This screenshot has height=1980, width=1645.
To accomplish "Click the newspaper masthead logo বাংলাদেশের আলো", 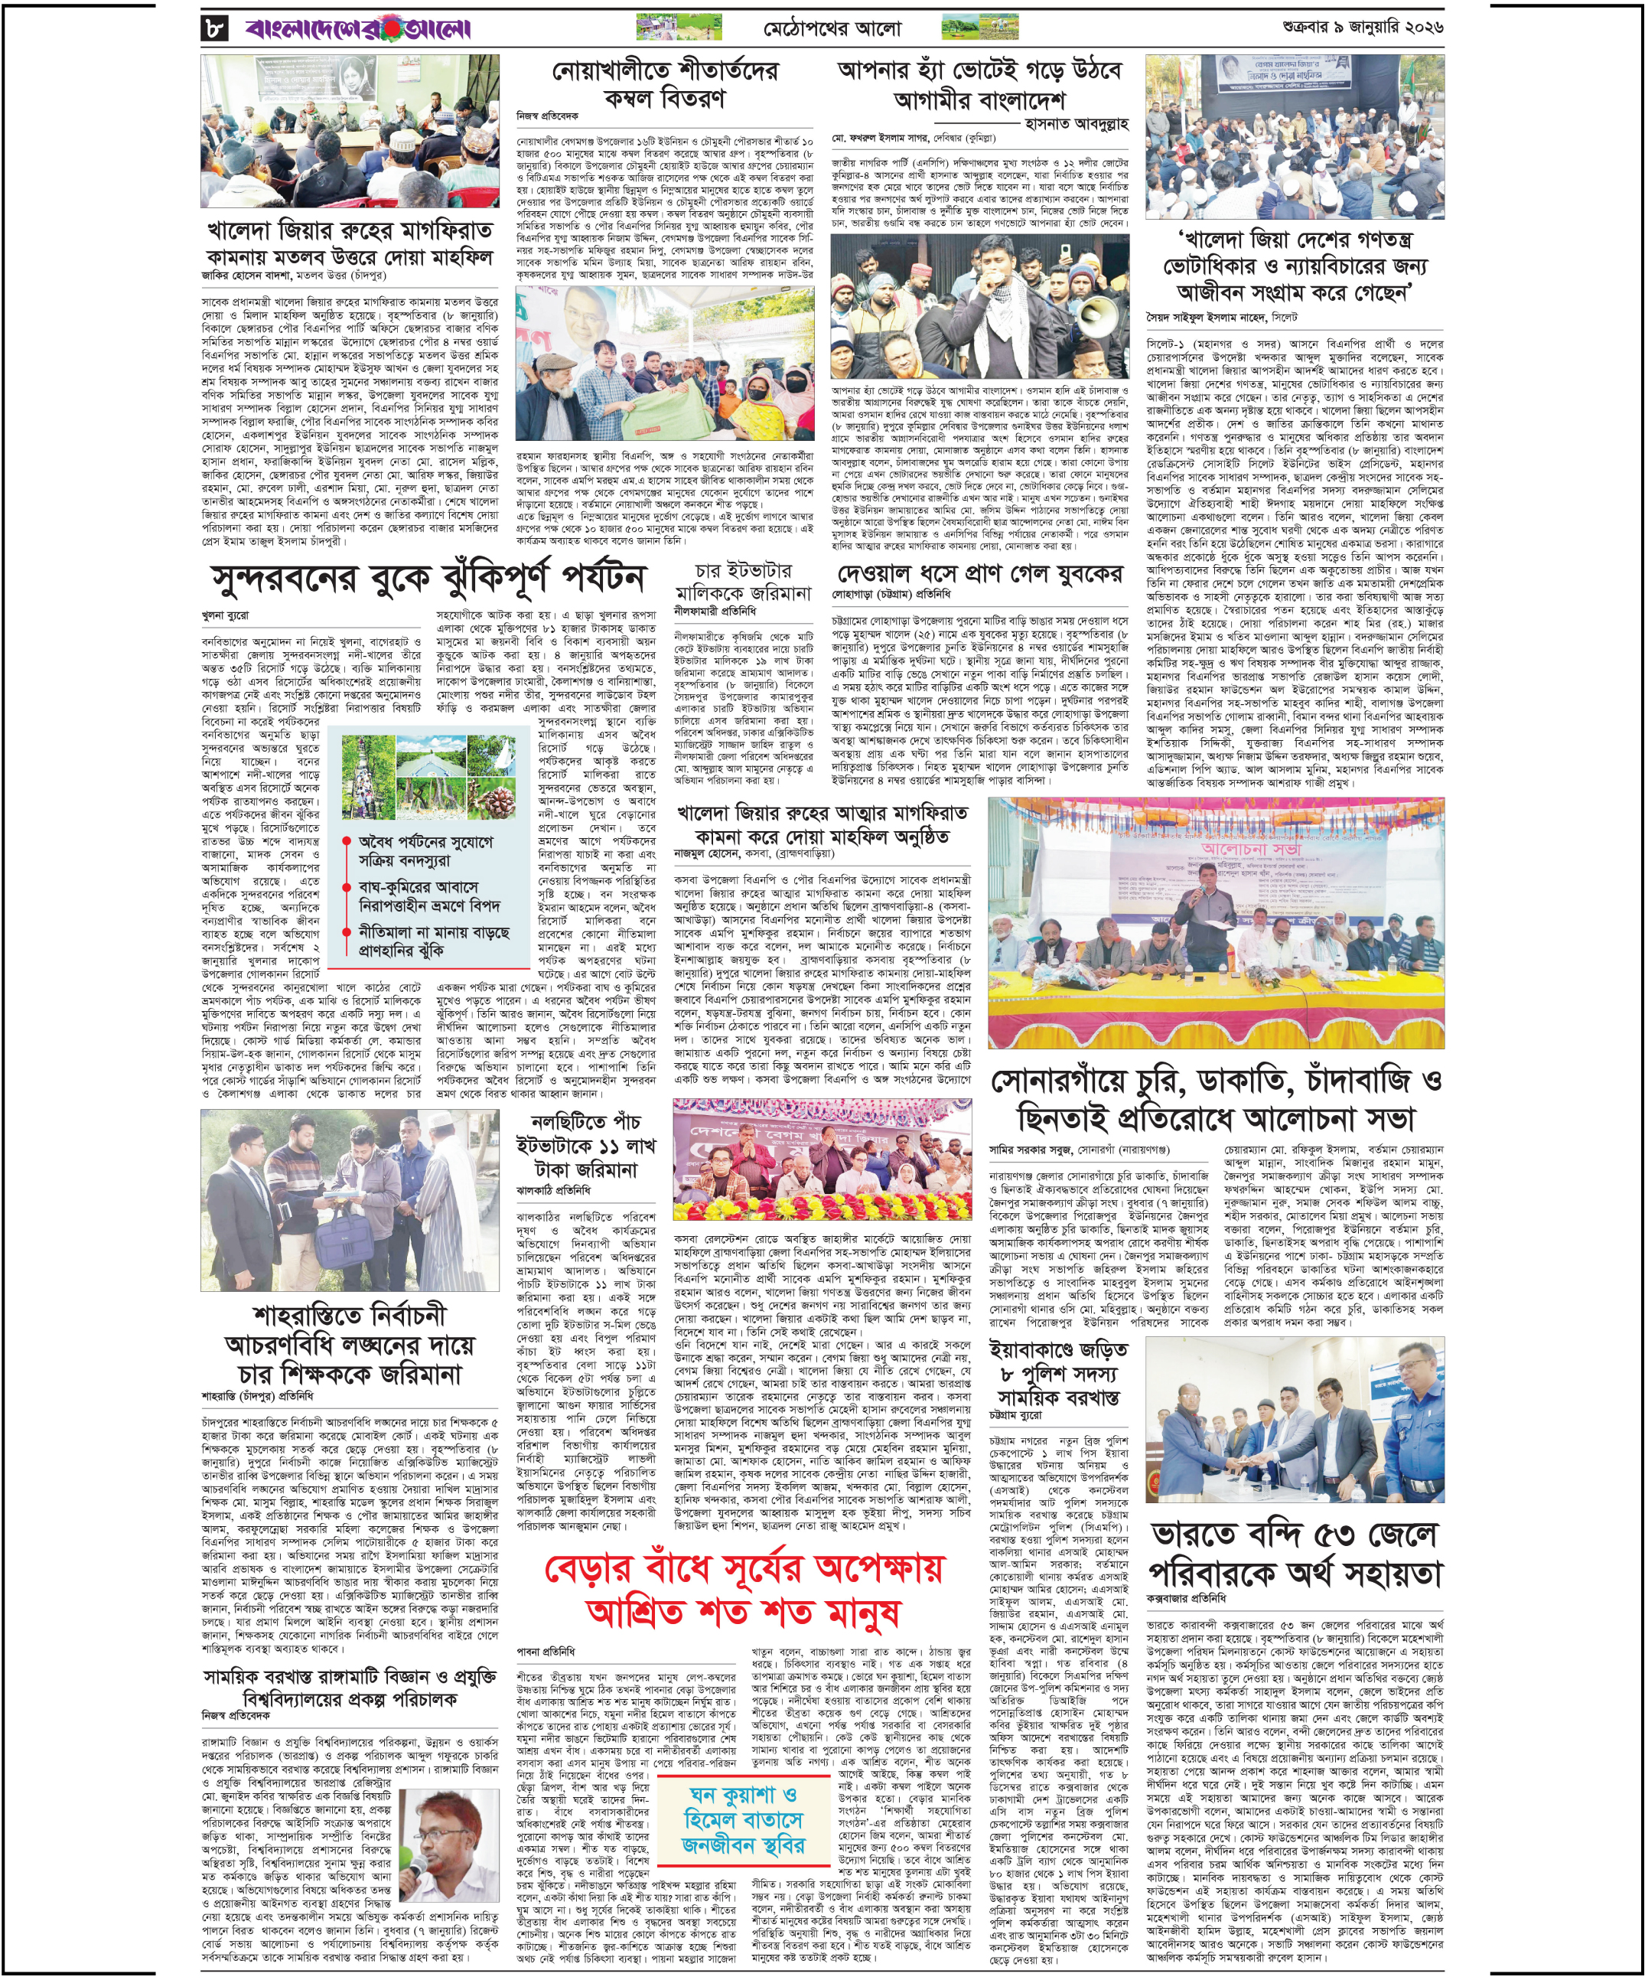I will (358, 29).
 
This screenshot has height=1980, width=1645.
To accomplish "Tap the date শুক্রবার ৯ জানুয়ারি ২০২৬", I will (1362, 28).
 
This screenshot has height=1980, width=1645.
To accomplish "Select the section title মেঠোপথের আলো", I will (832, 29).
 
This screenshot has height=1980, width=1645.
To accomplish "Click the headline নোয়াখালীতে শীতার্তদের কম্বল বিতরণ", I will (666, 84).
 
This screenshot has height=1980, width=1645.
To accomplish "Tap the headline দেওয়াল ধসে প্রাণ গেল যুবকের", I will (980, 574).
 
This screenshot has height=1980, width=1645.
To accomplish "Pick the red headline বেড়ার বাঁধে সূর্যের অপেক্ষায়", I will (744, 1569).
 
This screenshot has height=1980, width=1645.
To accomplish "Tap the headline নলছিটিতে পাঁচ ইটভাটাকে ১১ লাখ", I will (585, 1146).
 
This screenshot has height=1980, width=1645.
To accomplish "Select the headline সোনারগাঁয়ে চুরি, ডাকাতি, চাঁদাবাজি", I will (1215, 1081).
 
